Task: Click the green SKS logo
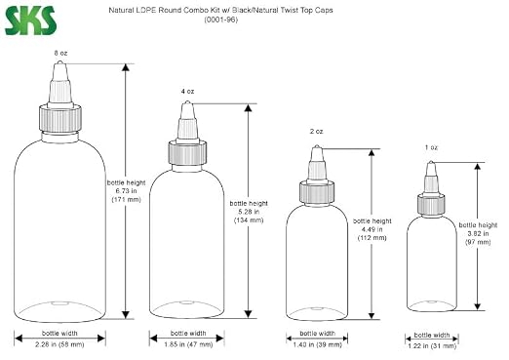(30, 20)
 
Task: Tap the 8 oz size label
(60, 53)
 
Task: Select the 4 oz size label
(187, 92)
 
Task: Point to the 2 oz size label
(316, 132)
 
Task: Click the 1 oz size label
(431, 147)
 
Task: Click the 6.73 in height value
(126, 191)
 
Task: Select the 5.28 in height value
(249, 212)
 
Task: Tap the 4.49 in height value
(372, 229)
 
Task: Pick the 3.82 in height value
(478, 233)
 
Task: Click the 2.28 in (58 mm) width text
(59, 344)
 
